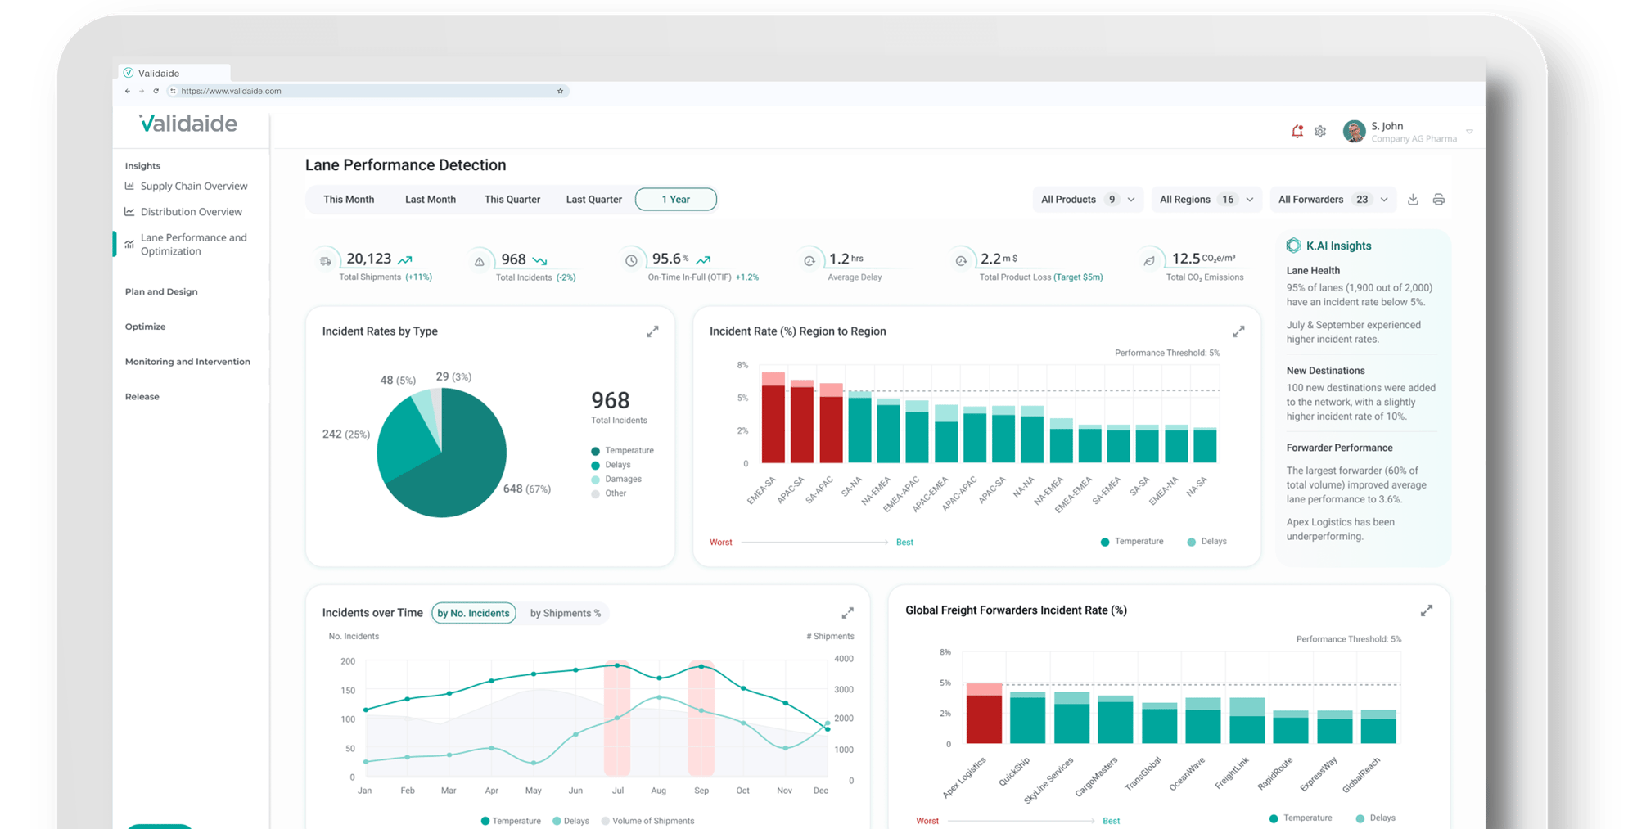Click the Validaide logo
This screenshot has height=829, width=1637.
tap(188, 124)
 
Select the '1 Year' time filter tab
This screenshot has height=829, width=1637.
tap(675, 200)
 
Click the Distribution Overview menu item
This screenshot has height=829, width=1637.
tap(191, 212)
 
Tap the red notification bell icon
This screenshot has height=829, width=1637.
tap(1297, 131)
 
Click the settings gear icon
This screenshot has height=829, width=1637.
tap(1320, 131)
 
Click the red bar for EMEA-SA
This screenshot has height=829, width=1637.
tap(773, 424)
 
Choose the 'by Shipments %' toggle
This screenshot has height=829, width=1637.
tap(565, 613)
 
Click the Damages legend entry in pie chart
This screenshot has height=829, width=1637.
tap(622, 480)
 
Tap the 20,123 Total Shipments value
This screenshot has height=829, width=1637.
tap(368, 259)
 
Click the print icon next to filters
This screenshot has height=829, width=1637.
tap(1438, 200)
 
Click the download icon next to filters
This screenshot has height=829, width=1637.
tap(1413, 200)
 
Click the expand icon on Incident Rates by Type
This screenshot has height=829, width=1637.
tap(652, 331)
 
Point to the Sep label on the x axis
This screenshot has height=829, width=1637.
tap(701, 791)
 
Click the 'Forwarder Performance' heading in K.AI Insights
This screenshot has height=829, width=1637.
tap(1339, 448)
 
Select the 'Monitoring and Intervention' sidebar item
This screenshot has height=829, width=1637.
tap(187, 362)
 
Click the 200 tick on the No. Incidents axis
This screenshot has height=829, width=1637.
tap(348, 661)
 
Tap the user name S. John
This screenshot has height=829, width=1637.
tap(1387, 126)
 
